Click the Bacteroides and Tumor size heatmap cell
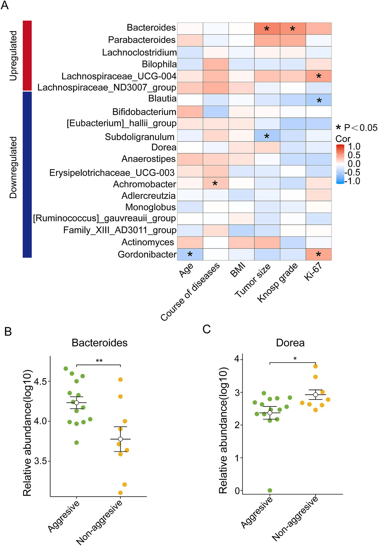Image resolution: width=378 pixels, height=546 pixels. [267, 28]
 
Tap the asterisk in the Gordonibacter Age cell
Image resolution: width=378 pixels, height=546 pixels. [190, 254]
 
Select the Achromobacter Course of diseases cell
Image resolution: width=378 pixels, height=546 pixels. [215, 183]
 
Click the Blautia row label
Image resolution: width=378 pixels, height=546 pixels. [162, 98]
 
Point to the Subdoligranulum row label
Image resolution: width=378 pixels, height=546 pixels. [140, 137]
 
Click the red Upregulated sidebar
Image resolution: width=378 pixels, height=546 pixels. [27, 55]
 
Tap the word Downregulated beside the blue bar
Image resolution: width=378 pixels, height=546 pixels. [13, 167]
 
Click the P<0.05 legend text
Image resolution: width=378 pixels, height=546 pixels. [360, 128]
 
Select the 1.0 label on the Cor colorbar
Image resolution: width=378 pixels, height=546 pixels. [354, 147]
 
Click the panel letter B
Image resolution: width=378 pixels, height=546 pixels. [8, 331]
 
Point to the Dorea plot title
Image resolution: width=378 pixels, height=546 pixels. [290, 343]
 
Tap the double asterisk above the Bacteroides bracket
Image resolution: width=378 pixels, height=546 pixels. [99, 361]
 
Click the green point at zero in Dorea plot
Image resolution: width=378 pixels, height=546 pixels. [270, 490]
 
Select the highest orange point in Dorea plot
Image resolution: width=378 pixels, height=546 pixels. [316, 366]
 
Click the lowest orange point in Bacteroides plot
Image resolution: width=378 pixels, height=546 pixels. [120, 493]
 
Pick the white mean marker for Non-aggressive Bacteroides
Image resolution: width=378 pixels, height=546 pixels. [120, 439]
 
